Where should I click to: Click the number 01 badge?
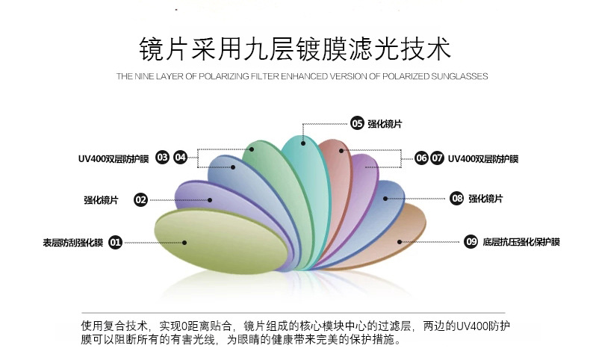(116, 242)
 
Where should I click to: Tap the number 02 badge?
(140, 199)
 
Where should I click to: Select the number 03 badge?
(163, 158)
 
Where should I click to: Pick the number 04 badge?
(180, 158)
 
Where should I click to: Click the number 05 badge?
(357, 123)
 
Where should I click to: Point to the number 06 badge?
(421, 158)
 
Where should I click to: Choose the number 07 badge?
(438, 158)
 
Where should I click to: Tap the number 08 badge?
(457, 198)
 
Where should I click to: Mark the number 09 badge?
(471, 241)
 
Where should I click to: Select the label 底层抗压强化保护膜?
(521, 241)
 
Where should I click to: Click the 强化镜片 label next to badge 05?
(385, 124)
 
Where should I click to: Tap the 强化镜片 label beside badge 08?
(485, 199)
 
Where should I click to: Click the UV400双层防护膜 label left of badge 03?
(114, 158)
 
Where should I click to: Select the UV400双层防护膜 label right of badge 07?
(483, 158)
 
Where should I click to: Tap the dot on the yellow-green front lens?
(184, 241)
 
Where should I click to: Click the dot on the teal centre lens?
(303, 142)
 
